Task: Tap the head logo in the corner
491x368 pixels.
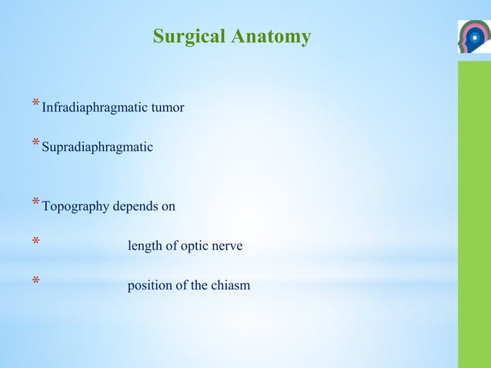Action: pyautogui.click(x=473, y=37)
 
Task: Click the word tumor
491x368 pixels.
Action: pyautogui.click(x=168, y=108)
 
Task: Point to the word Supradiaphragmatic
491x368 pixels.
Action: pyautogui.click(x=97, y=146)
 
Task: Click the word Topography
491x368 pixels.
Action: pyautogui.click(x=75, y=207)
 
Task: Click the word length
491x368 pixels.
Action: pyautogui.click(x=143, y=246)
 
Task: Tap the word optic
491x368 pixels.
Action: pyautogui.click(x=192, y=246)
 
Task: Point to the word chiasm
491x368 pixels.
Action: pyautogui.click(x=229, y=286)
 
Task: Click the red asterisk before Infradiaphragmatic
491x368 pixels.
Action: pyautogui.click(x=35, y=105)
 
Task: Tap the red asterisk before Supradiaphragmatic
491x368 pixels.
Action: pyautogui.click(x=35, y=143)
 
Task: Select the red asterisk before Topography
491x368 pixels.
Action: pyautogui.click(x=35, y=204)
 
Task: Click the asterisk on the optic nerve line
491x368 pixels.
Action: pyautogui.click(x=35, y=244)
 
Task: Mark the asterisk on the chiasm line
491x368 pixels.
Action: pyautogui.click(x=35, y=283)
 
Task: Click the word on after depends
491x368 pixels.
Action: pyautogui.click(x=169, y=207)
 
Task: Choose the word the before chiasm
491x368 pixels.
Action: pyautogui.click(x=198, y=286)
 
